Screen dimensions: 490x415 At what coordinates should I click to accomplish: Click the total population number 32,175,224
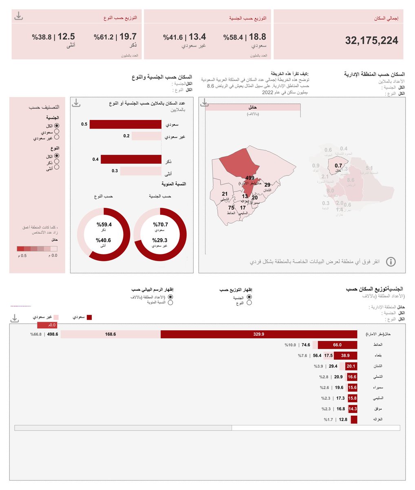point(371,40)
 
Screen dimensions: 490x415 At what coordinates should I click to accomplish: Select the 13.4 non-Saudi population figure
point(197,37)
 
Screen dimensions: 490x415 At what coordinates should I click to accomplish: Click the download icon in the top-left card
point(18,16)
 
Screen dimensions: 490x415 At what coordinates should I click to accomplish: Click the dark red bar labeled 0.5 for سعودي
point(126,124)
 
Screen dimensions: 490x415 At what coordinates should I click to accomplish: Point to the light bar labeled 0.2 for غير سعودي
point(146,136)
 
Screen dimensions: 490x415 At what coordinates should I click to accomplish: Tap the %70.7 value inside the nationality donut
point(160,224)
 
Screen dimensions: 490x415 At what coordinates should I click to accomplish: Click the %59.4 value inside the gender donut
point(104,224)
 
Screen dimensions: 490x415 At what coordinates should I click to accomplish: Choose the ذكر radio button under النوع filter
point(57,162)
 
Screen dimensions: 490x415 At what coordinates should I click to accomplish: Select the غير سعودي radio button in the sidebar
point(57,137)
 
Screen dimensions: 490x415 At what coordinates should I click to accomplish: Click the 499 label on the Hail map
point(250,178)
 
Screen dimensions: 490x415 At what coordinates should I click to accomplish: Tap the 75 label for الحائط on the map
point(231,208)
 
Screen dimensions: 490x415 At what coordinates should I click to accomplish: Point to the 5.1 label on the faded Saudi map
point(369,168)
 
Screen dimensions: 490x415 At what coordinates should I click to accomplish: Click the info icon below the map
point(391,262)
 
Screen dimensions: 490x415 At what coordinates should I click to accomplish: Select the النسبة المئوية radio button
point(170,303)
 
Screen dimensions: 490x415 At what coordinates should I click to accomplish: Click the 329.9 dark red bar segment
point(258,334)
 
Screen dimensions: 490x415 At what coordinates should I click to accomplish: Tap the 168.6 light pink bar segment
point(110,334)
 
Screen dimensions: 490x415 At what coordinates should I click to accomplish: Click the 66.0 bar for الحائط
point(337,345)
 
